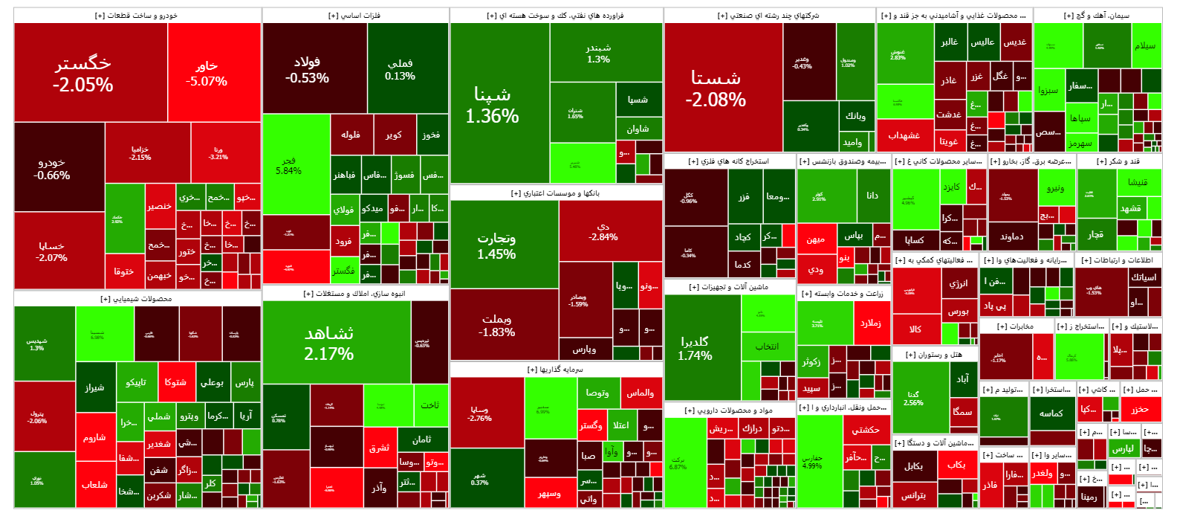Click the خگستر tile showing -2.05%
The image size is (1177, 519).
click(83, 73)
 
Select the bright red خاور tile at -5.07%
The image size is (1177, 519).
click(207, 73)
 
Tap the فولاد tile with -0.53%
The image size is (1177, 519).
click(307, 69)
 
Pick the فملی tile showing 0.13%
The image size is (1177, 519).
click(400, 69)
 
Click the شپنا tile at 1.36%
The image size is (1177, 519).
click(492, 104)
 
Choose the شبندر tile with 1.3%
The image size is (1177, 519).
click(598, 53)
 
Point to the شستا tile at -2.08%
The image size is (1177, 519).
click(716, 88)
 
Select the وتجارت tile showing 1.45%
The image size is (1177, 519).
click(496, 245)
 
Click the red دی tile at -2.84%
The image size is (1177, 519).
click(603, 231)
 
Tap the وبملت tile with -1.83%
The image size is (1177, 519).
click(496, 326)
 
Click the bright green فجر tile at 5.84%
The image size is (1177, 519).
click(289, 165)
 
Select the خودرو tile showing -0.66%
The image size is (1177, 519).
click(52, 168)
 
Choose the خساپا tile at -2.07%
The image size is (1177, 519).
click(52, 251)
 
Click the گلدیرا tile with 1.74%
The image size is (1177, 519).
click(695, 347)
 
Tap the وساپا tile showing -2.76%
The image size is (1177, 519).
click(479, 413)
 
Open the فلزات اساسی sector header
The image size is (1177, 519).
click(354, 16)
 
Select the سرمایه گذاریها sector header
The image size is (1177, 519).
click(555, 370)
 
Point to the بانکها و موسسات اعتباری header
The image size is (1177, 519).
click(555, 193)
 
